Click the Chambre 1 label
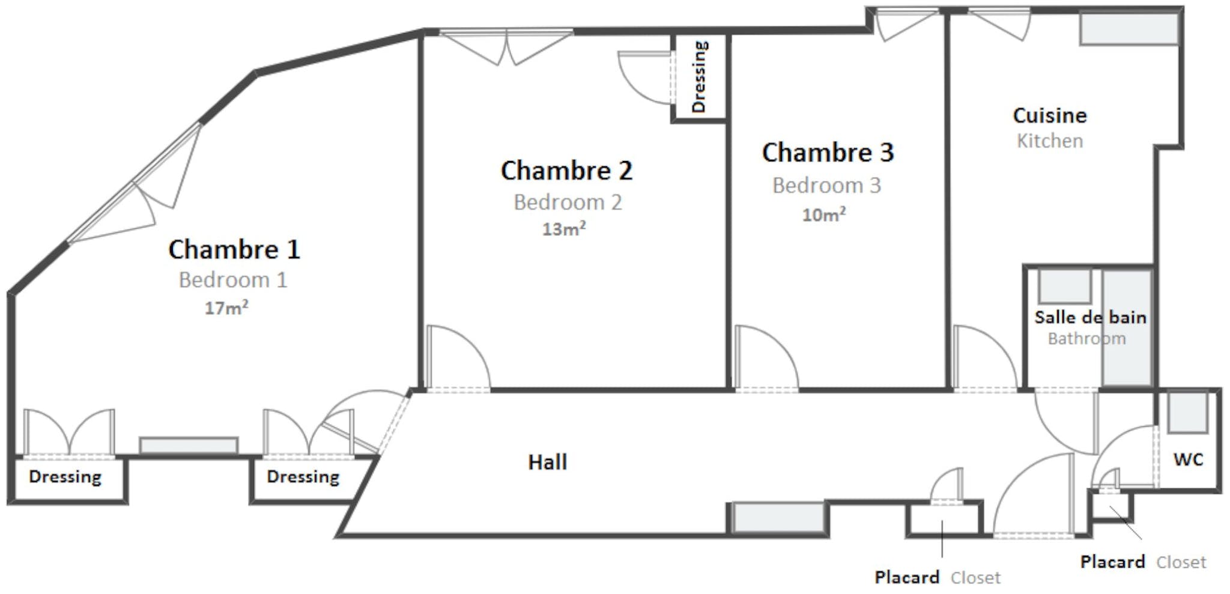click(234, 249)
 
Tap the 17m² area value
click(226, 308)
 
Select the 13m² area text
click(564, 229)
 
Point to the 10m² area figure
click(824, 214)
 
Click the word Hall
click(547, 462)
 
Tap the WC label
click(1188, 459)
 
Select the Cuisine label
click(1050, 115)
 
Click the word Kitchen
click(1050, 141)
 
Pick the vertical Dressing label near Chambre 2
click(699, 77)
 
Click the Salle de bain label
click(1090, 317)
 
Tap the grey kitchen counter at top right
click(1129, 28)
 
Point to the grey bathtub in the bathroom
click(1127, 328)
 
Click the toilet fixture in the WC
click(1187, 412)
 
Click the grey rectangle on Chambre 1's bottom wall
click(189, 446)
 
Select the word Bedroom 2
click(568, 202)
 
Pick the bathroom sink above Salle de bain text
click(1064, 286)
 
